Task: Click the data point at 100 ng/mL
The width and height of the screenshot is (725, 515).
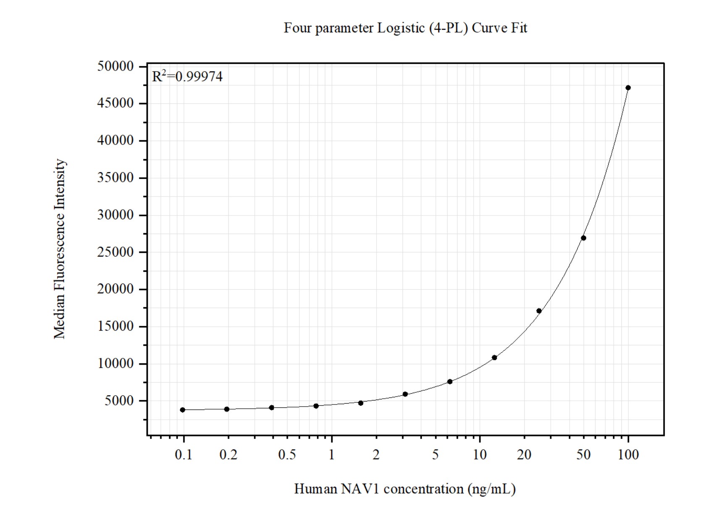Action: [x=628, y=88]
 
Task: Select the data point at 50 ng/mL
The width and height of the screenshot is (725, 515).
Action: [x=583, y=238]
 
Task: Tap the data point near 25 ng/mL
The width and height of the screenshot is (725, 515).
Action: [x=539, y=311]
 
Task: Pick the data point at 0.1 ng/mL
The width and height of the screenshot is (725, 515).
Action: [x=183, y=410]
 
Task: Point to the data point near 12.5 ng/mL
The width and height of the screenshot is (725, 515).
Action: [x=494, y=357]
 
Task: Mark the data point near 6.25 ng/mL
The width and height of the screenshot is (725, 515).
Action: [x=450, y=382]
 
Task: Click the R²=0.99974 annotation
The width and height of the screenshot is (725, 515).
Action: [x=187, y=77]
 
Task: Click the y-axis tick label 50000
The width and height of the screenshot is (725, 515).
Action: [x=115, y=66]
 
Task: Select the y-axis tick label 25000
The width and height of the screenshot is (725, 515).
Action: [x=115, y=252]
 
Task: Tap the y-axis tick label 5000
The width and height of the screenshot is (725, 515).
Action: [x=119, y=401]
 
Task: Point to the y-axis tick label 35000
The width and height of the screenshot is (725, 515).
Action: [x=115, y=178]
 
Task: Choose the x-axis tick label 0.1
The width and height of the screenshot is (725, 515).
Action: [x=183, y=455]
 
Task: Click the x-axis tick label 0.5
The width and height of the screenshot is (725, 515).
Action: [x=287, y=455]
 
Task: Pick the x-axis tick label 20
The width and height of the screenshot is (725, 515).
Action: [x=524, y=455]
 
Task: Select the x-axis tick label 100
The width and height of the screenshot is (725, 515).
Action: [x=628, y=455]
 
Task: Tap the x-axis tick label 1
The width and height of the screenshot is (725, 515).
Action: [x=332, y=455]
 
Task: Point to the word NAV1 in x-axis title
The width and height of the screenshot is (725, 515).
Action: [x=360, y=489]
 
